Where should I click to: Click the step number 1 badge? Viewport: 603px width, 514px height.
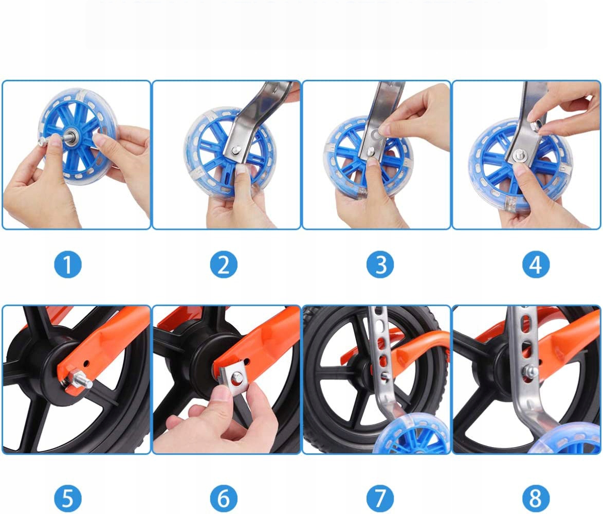click(68, 264)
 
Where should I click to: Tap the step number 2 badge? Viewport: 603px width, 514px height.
click(224, 264)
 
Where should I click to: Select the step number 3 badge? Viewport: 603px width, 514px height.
click(380, 264)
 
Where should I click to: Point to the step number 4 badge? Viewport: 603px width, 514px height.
click(536, 264)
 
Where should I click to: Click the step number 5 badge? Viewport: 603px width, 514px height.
click(68, 498)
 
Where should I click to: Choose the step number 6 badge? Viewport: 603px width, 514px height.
click(224, 498)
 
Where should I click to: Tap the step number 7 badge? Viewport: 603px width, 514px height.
click(380, 498)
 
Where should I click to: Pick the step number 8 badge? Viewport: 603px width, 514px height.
click(536, 498)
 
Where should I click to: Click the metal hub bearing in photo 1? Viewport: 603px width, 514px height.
click(71, 135)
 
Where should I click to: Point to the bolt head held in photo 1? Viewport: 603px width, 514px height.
click(42, 141)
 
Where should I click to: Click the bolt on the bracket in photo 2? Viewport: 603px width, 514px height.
click(236, 149)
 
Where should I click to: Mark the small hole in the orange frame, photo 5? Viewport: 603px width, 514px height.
click(85, 363)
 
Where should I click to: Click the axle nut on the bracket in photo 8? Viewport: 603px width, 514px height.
click(531, 371)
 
